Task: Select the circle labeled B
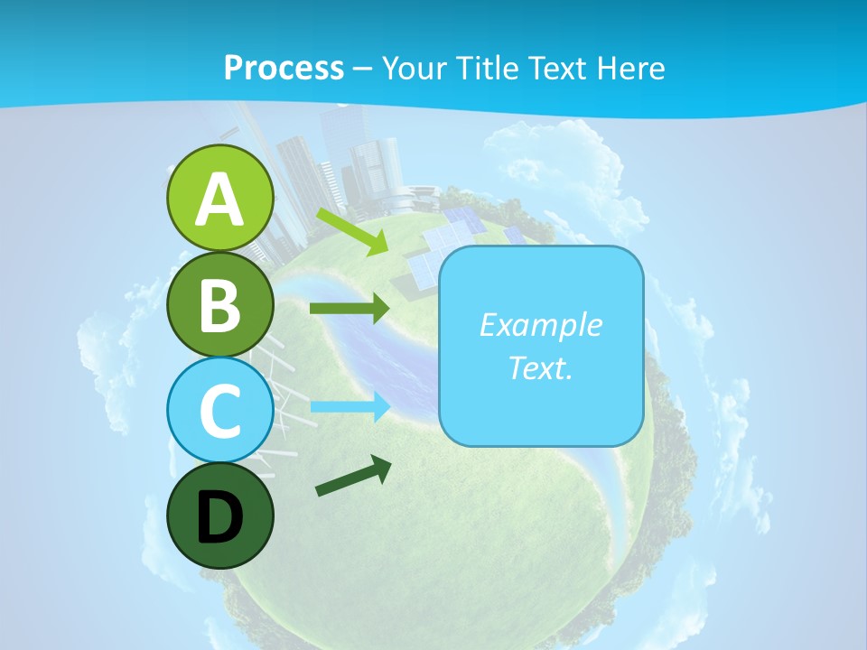pos(219,304)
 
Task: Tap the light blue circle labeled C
pos(219,410)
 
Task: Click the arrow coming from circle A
pos(352,231)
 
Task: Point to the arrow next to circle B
pos(350,309)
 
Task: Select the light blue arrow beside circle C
pos(350,406)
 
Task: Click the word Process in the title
pos(284,68)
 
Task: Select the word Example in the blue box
pos(540,325)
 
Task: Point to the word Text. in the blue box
pos(540,367)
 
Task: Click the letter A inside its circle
pos(219,200)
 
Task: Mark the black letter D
pos(219,518)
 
